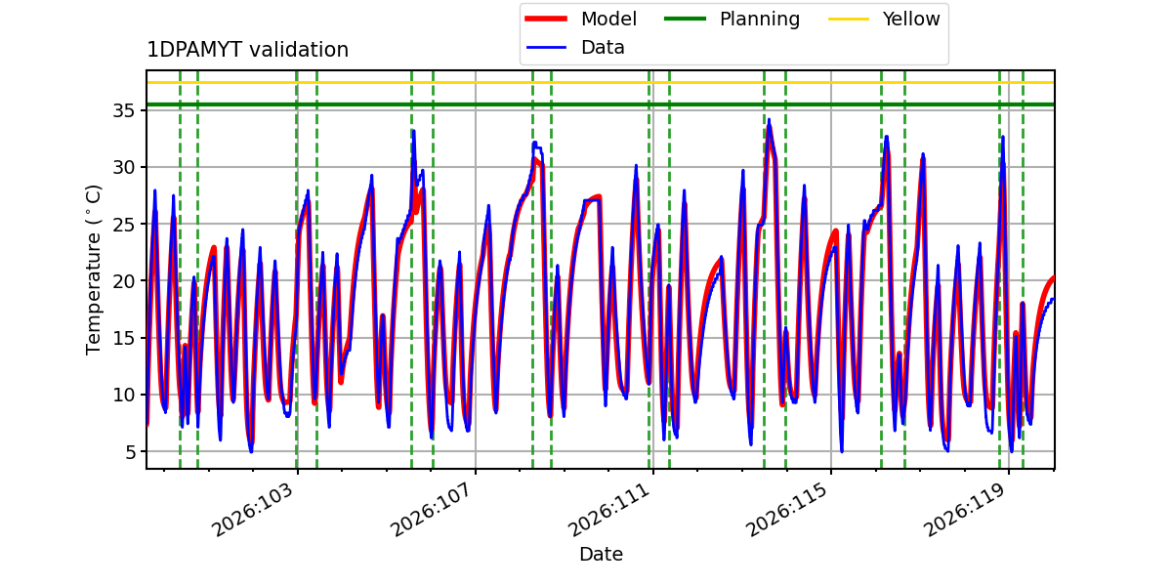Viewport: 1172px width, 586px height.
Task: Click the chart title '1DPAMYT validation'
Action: click(x=247, y=50)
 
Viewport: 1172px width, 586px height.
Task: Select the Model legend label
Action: click(x=608, y=19)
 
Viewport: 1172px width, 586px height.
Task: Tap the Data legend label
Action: click(x=603, y=48)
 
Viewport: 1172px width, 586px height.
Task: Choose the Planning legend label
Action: click(x=760, y=19)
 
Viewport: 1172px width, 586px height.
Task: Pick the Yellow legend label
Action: click(x=911, y=19)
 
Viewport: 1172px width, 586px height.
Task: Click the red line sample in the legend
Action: click(x=546, y=19)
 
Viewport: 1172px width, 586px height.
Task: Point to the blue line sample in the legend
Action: click(x=546, y=48)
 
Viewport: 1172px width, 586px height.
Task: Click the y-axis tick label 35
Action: click(x=123, y=111)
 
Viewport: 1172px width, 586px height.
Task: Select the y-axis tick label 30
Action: click(x=123, y=167)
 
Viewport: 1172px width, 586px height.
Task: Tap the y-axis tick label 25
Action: click(x=123, y=225)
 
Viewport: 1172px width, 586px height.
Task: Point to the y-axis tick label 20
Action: click(x=123, y=281)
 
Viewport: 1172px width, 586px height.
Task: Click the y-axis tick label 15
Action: click(x=123, y=338)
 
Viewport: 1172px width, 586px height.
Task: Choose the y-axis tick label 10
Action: click(x=123, y=395)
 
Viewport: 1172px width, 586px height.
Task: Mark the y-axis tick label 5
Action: click(x=130, y=451)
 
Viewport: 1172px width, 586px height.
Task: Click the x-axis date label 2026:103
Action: click(x=252, y=509)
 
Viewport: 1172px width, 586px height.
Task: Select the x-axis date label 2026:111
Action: click(x=609, y=509)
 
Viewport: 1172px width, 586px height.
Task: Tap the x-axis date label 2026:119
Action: click(x=965, y=509)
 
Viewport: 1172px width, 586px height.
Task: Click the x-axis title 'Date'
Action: click(x=602, y=554)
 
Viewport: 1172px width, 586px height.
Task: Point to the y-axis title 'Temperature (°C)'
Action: click(x=93, y=270)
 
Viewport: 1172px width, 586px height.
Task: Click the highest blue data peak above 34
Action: click(x=769, y=120)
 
